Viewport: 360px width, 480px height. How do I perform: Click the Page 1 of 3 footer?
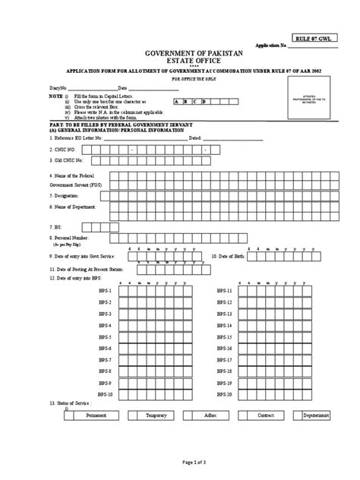(179, 463)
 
